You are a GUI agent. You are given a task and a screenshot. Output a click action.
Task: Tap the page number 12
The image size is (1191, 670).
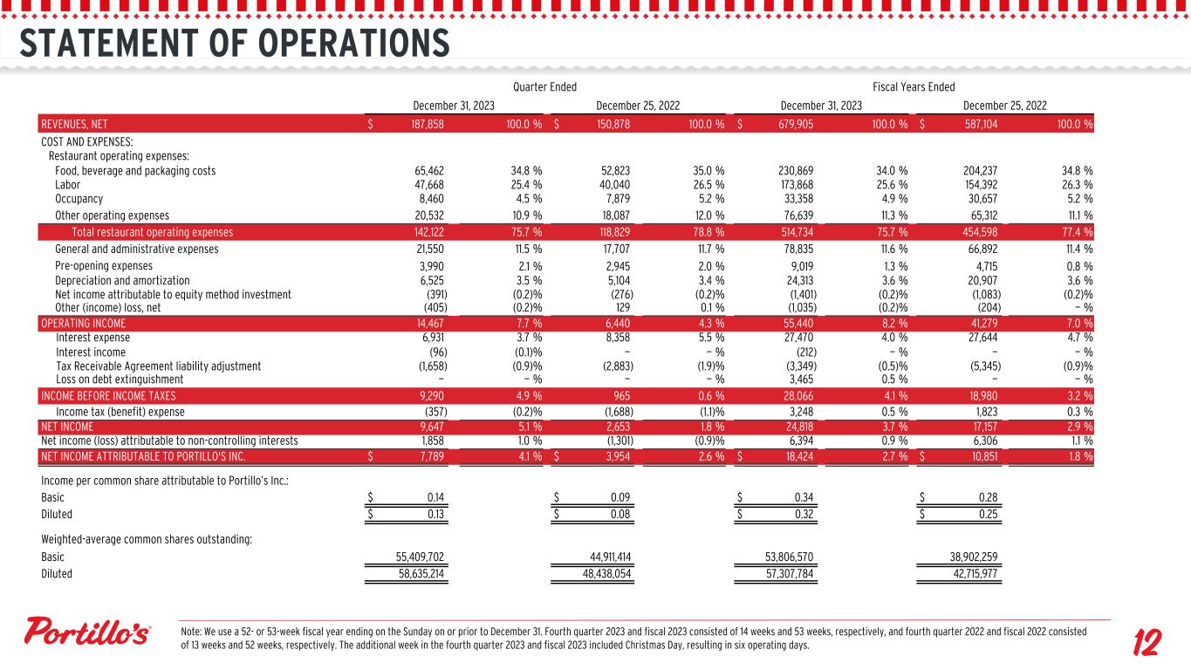[x=1146, y=645]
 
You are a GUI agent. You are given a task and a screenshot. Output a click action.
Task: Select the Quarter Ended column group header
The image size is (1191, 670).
[x=544, y=86]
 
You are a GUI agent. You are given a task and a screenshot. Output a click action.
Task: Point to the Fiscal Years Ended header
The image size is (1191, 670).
[x=914, y=86]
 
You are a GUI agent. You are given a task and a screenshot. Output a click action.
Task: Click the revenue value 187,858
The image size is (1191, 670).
[x=428, y=125]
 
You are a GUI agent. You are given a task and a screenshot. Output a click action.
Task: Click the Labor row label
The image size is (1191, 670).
[x=67, y=185]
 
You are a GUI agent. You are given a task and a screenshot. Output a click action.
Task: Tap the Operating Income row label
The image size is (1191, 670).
[x=83, y=323]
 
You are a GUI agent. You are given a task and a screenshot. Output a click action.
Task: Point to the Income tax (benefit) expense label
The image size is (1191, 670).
[x=120, y=412]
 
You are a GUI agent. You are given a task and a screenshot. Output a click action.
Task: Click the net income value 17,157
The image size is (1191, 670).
[x=979, y=427]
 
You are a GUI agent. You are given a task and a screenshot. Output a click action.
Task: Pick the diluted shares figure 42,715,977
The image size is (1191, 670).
[x=975, y=574]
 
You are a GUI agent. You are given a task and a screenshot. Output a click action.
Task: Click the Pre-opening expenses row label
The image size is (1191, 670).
[x=104, y=266]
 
